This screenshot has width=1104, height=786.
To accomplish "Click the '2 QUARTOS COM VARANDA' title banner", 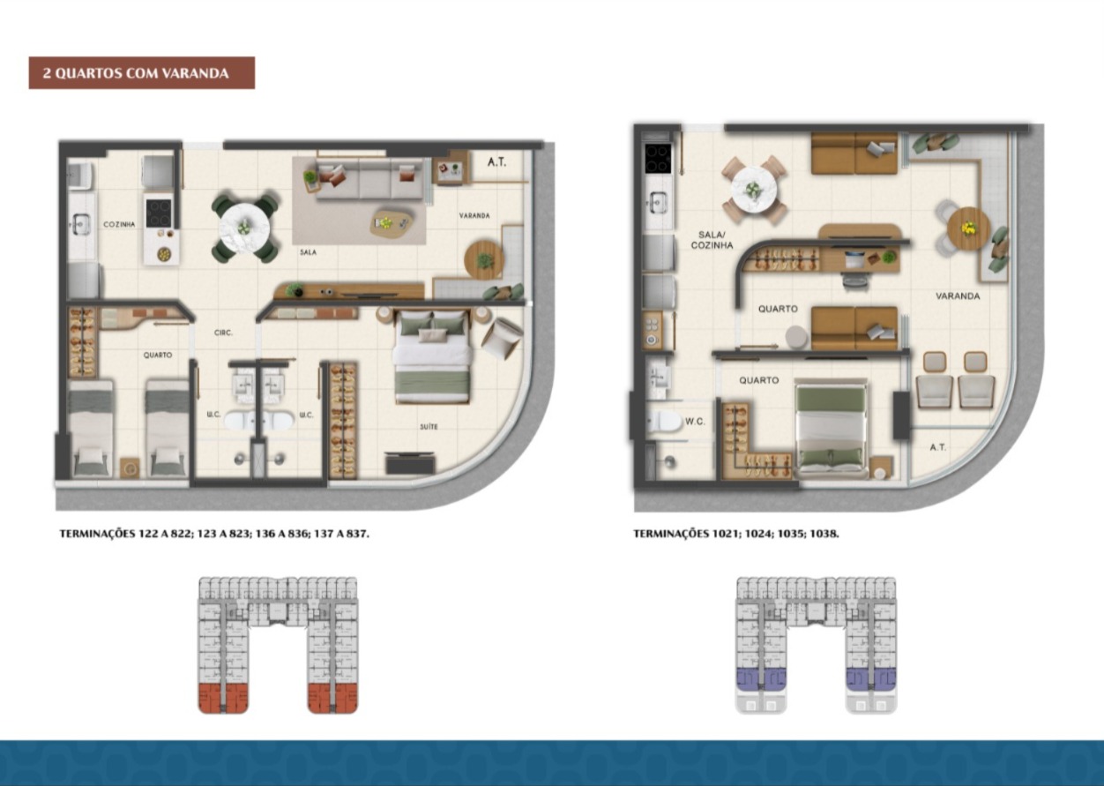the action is coord(142,73).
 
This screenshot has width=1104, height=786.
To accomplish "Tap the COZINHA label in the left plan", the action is coord(119,224).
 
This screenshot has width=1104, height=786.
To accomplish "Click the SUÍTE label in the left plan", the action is coord(429,427).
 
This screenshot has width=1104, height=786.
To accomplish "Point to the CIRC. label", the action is coord(223,333).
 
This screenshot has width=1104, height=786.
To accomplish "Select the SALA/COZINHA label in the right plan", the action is coord(712,240).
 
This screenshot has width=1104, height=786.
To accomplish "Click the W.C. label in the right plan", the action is coord(695,422).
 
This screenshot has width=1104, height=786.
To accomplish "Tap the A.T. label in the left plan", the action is coord(496,161).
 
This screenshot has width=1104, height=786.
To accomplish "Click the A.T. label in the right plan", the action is coord(938,447).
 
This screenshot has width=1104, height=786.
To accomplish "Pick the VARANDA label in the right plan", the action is coord(958,296).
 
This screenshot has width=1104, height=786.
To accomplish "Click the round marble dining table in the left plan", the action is coord(244,228).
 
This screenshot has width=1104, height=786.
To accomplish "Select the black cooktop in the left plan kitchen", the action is coord(159,213).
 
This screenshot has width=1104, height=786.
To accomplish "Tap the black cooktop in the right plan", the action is coord(658,158).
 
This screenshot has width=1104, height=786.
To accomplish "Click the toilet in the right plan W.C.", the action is coord(663,421).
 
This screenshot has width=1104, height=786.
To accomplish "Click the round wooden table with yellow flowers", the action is coord(969,228).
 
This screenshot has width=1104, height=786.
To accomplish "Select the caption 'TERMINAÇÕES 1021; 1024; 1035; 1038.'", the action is coord(735,534).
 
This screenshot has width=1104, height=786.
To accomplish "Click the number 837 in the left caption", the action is coord(357,534).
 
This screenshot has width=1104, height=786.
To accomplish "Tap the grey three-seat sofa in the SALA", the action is coord(369,179).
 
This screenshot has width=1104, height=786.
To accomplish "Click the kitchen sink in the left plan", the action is coord(81,224).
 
